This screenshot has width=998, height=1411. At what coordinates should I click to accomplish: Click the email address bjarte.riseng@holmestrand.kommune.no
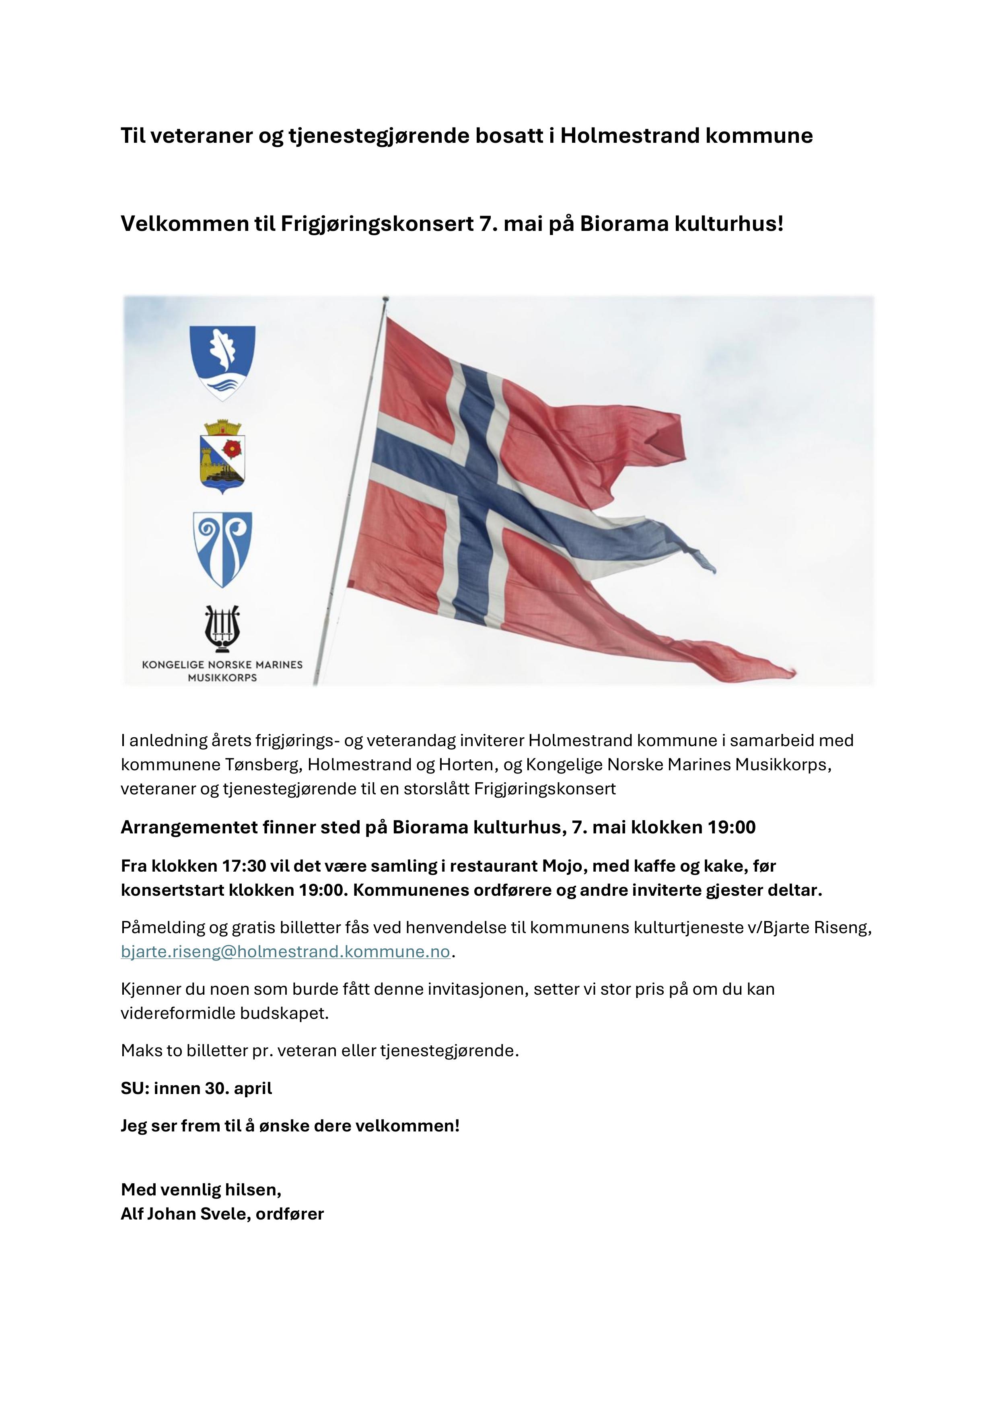point(286,952)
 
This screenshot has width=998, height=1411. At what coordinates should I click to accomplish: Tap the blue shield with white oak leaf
point(222,362)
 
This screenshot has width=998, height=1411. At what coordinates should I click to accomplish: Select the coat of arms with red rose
point(222,457)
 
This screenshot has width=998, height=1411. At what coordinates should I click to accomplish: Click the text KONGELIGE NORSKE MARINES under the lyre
point(222,664)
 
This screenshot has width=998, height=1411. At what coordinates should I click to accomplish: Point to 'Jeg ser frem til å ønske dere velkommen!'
point(290,1126)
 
